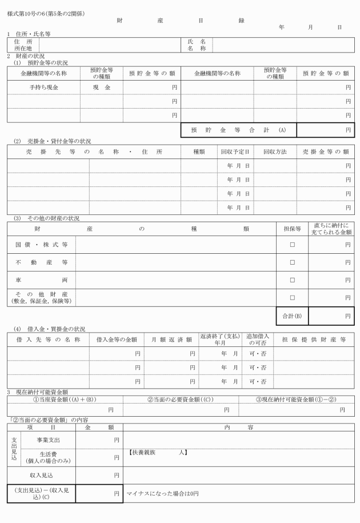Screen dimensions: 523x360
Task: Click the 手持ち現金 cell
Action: click(x=43, y=87)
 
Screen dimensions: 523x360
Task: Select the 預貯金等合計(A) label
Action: click(x=238, y=130)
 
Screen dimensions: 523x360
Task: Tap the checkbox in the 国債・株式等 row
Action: click(x=292, y=245)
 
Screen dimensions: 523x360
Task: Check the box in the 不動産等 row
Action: click(x=292, y=262)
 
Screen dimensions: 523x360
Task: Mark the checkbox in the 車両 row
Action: click(x=292, y=280)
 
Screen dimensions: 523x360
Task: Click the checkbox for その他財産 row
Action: click(x=292, y=298)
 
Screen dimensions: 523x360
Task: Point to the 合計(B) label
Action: click(x=291, y=316)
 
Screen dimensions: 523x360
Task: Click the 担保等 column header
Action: click(x=292, y=229)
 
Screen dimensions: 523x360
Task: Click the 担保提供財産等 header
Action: click(x=314, y=340)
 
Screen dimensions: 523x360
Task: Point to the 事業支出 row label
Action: click(x=48, y=440)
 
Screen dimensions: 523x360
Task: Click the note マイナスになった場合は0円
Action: click(x=163, y=493)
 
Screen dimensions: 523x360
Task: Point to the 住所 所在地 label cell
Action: click(x=23, y=45)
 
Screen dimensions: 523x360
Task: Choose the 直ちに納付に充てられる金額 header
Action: click(x=331, y=229)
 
